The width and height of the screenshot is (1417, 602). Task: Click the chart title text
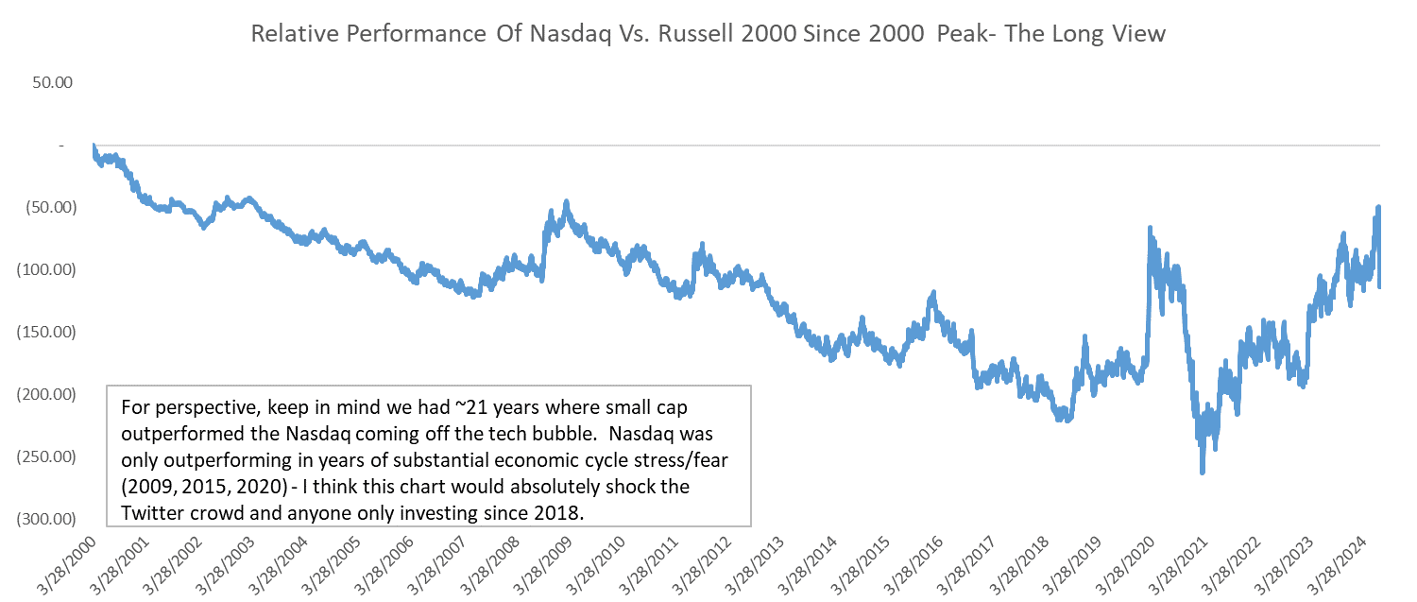coord(708,34)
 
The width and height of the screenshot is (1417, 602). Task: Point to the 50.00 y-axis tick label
coord(52,82)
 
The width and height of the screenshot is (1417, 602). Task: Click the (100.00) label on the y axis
coord(46,269)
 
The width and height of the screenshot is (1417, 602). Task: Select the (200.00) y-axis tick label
coord(46,394)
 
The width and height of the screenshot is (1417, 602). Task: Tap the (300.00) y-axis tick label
coord(46,519)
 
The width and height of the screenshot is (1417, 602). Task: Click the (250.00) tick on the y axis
coord(46,456)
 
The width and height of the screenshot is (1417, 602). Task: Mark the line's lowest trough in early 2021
coord(1202,472)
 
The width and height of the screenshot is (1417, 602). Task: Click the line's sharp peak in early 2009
coord(566,201)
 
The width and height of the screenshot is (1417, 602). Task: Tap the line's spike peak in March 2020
coord(1149,228)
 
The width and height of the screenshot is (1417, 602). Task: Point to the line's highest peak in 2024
coord(1378,207)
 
